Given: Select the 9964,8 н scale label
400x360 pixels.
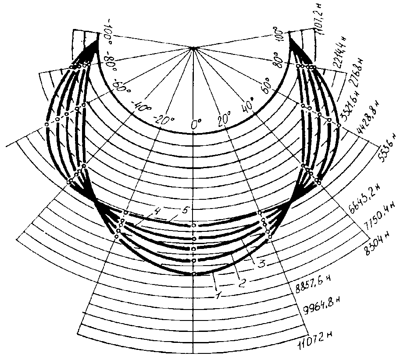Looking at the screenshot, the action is point(323,306).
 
